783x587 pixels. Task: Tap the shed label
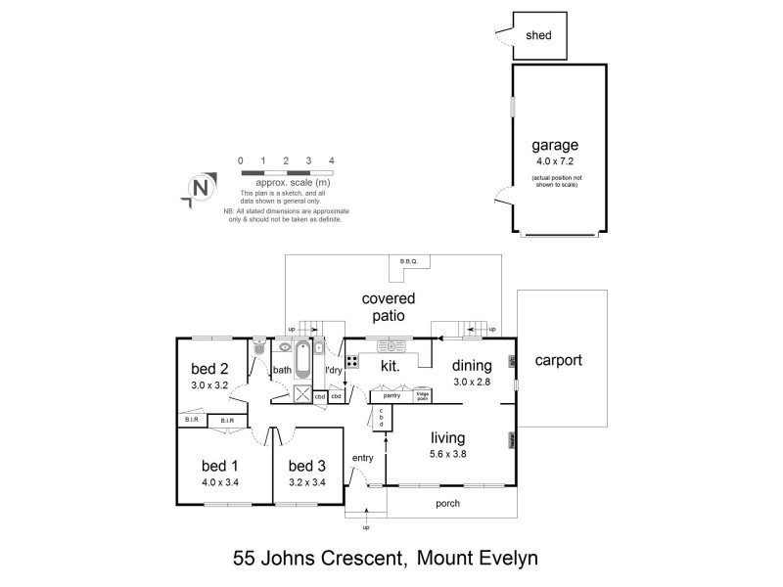coord(539,35)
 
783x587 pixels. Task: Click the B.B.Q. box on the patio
coord(408,261)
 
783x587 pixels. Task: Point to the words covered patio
coord(389,306)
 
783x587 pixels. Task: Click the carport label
coord(558,360)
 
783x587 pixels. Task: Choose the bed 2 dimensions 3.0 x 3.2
coord(209,385)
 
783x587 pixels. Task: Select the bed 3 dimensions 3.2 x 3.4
coord(307,481)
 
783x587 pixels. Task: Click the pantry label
coord(392,395)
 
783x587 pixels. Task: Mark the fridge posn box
coord(423,396)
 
